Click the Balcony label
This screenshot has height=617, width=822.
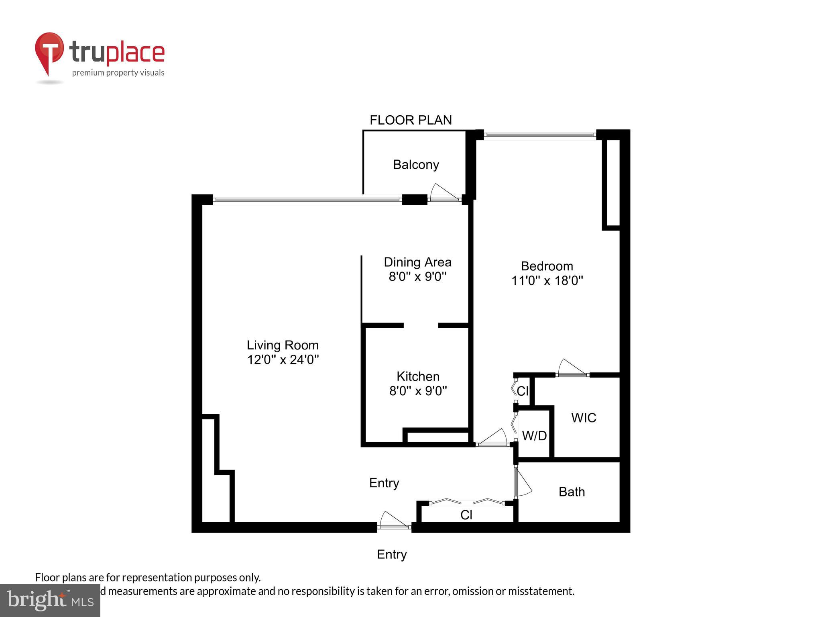tap(416, 165)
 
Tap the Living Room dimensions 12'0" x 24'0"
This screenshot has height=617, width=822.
tap(283, 360)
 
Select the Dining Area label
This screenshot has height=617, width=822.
tap(417, 262)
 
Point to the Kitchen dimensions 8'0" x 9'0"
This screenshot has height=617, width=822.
tap(418, 391)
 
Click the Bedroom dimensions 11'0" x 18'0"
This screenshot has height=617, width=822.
tap(547, 280)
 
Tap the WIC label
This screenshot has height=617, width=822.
tap(584, 418)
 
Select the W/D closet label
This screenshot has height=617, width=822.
tap(534, 436)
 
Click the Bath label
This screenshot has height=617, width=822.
tap(572, 492)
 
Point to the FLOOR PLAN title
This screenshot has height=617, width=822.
tap(411, 120)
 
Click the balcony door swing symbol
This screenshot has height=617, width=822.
tap(444, 193)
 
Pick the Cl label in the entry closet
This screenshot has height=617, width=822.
tap(466, 515)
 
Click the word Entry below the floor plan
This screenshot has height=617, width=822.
tap(392, 554)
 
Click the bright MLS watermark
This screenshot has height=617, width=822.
tap(50, 601)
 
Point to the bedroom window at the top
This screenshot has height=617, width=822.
tap(539, 135)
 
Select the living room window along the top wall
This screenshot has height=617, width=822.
tap(307, 200)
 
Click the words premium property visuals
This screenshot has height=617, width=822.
tap(118, 73)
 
